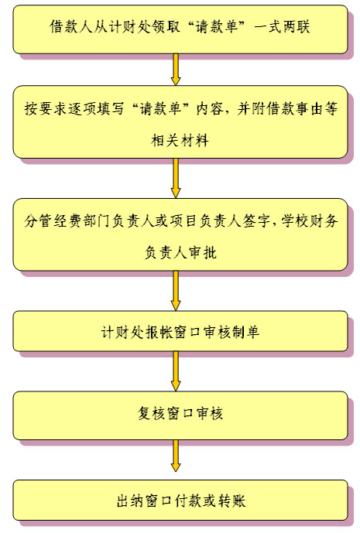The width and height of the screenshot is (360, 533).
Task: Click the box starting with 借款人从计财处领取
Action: (x=180, y=29)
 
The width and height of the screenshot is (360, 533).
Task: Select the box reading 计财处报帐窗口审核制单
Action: (x=180, y=331)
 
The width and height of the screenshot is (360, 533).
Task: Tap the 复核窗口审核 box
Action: (x=180, y=415)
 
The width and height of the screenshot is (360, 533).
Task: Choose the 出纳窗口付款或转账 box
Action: (x=180, y=501)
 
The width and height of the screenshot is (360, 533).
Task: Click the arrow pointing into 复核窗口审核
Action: (x=176, y=371)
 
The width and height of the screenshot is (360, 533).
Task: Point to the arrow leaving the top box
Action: (x=176, y=70)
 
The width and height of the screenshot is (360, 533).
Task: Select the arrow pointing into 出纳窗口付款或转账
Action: (x=176, y=456)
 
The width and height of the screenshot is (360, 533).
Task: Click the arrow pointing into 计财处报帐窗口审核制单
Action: (x=176, y=291)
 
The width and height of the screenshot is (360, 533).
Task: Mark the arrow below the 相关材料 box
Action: (x=176, y=178)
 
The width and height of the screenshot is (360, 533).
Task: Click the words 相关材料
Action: (x=180, y=140)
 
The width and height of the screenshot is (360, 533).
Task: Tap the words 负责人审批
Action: (x=180, y=252)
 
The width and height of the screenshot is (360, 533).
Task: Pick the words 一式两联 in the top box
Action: (x=282, y=26)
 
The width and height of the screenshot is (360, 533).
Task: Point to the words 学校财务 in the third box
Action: (x=310, y=221)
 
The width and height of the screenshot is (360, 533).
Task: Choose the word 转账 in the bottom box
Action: (x=231, y=501)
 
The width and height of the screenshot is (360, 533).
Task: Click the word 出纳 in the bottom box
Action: (x=130, y=501)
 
